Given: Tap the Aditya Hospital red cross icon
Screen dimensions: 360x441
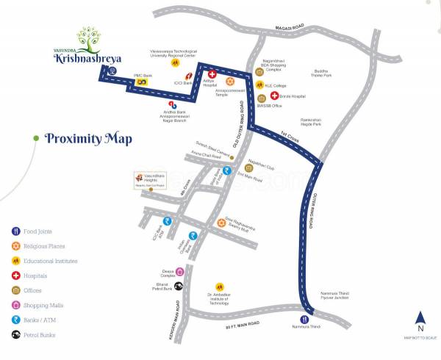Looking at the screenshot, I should click(211, 75).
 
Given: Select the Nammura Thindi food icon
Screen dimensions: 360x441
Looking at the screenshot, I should click(304, 320).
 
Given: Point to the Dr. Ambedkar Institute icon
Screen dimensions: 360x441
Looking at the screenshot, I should click(219, 287).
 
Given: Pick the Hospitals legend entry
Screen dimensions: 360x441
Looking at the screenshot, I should click(35, 276).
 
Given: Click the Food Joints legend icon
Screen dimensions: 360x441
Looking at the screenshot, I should click(15, 230).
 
